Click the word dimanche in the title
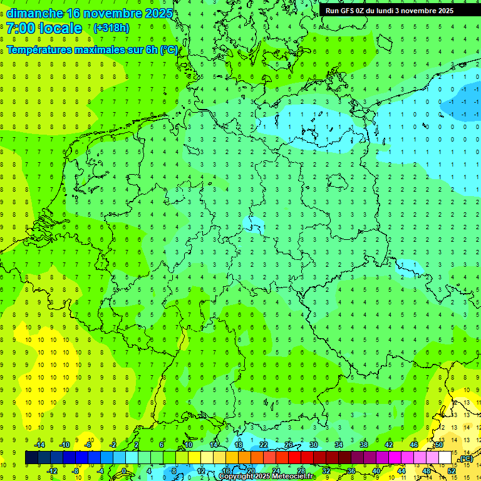coord(34,13)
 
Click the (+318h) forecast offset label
coord(111,28)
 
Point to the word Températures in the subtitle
coord(38,49)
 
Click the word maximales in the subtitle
coord(100,49)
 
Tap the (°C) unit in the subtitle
coord(168,49)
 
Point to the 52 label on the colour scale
coord(452,470)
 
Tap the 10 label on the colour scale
coord(189,445)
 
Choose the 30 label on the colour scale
coord(313,445)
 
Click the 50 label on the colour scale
coord(438,445)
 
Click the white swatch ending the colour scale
coord(445,458)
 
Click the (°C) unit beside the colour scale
coord(466,458)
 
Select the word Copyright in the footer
coord(235,477)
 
